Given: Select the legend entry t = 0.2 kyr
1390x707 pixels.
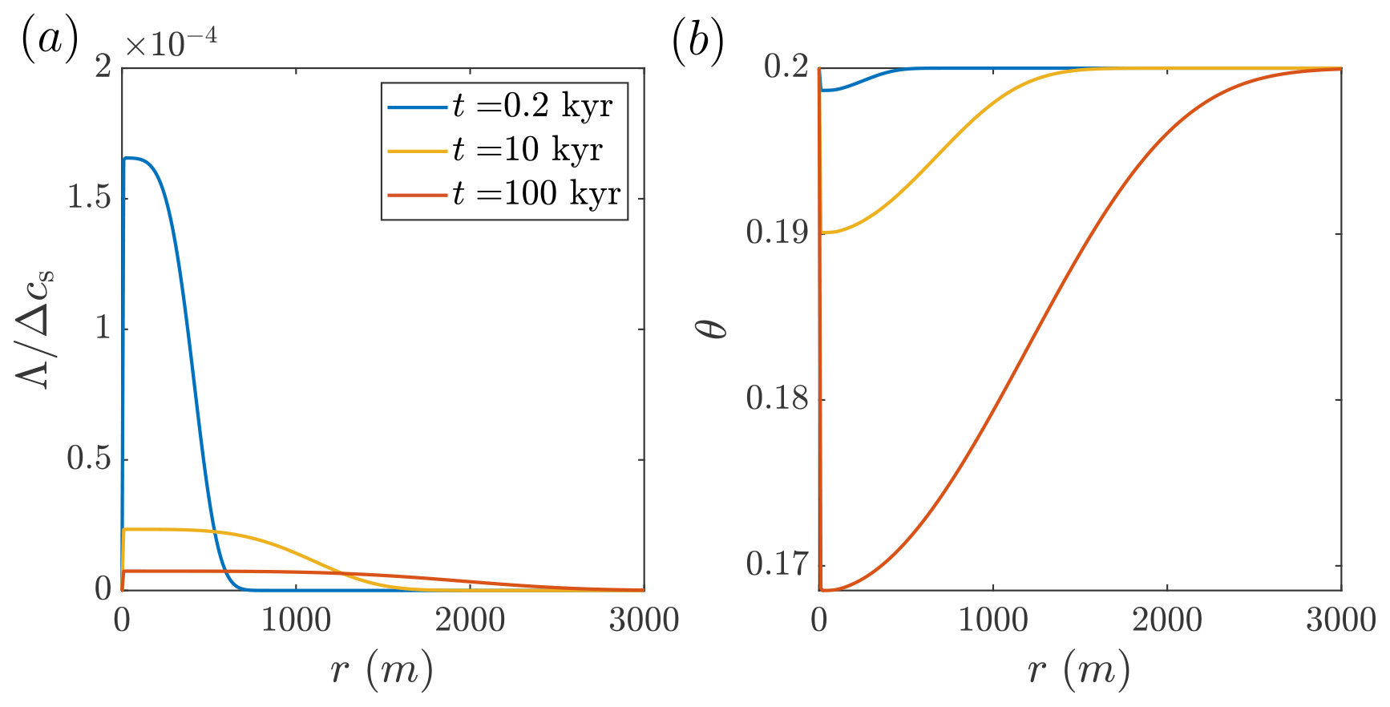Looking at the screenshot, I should [x=532, y=107].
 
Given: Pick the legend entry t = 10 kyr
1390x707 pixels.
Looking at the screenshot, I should [x=527, y=150].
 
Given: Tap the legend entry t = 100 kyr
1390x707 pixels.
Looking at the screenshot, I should [x=536, y=194].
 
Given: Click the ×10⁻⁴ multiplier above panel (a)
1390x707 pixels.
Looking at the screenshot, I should [x=171, y=43].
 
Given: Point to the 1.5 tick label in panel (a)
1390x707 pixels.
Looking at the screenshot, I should [x=89, y=197].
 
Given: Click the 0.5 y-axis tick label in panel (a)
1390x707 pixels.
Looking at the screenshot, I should [x=89, y=459].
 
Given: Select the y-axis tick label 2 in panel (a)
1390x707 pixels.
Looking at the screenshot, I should [x=103, y=67].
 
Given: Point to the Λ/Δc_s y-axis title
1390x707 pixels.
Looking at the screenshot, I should [x=37, y=329].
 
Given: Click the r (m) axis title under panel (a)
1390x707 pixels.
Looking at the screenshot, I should [x=382, y=670].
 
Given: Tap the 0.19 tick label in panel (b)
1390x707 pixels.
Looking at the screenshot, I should [x=777, y=233].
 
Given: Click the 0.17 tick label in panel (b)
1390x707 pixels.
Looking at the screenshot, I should [x=777, y=564].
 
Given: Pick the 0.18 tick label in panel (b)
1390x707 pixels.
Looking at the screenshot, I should [x=777, y=399].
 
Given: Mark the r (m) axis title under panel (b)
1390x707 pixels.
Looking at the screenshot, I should [x=1079, y=670].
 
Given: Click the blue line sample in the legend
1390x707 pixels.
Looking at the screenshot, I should [x=417, y=107].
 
